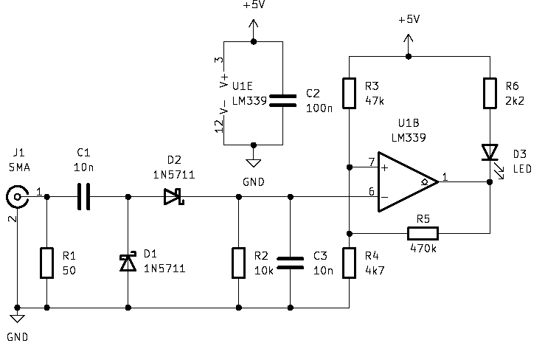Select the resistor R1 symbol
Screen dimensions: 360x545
(x=46, y=263)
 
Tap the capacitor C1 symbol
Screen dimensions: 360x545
(x=83, y=197)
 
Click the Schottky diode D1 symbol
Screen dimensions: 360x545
(x=128, y=261)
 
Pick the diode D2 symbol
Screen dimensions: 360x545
(x=173, y=197)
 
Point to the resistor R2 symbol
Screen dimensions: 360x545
(x=238, y=263)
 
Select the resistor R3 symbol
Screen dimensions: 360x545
(x=349, y=93)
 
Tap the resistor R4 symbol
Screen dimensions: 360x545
(x=349, y=263)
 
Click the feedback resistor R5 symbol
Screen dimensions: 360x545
(x=423, y=234)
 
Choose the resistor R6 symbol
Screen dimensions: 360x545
(x=489, y=93)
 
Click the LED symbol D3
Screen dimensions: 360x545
(x=489, y=153)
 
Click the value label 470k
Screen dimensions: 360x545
(x=423, y=249)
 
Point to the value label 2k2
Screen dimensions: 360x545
(x=514, y=101)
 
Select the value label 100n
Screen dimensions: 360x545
(x=319, y=108)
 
